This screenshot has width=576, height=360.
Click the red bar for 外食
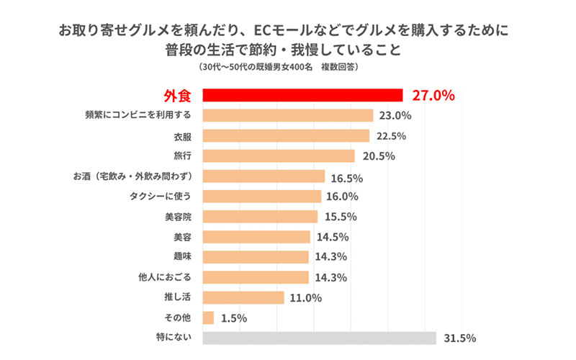(x=302, y=95)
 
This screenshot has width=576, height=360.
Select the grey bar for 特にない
(x=320, y=338)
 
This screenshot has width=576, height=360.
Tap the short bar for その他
(x=209, y=318)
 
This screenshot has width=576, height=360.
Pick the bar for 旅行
(x=279, y=156)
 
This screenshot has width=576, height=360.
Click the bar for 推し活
(x=244, y=297)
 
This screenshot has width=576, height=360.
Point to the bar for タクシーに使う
(x=262, y=197)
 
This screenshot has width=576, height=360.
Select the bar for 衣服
(x=287, y=135)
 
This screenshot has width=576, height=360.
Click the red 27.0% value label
(x=433, y=95)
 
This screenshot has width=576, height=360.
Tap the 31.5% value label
(x=460, y=338)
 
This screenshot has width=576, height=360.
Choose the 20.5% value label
(x=379, y=156)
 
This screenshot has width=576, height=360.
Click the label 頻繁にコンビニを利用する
(x=139, y=115)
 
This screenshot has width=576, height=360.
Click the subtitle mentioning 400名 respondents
(x=287, y=67)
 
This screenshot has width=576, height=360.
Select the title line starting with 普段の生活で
(x=287, y=50)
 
